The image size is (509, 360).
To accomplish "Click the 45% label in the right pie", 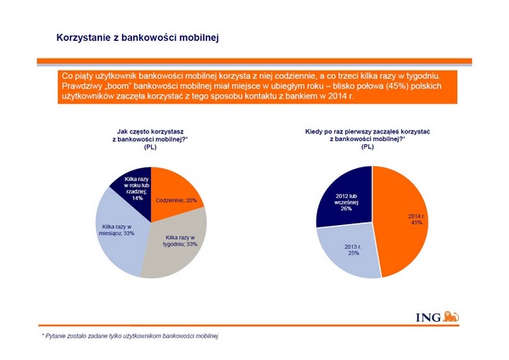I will click(417, 223).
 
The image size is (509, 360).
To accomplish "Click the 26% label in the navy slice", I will click(346, 209).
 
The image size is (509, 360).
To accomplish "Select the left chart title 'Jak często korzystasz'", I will click(151, 132).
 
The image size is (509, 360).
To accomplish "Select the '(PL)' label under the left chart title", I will click(151, 147).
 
